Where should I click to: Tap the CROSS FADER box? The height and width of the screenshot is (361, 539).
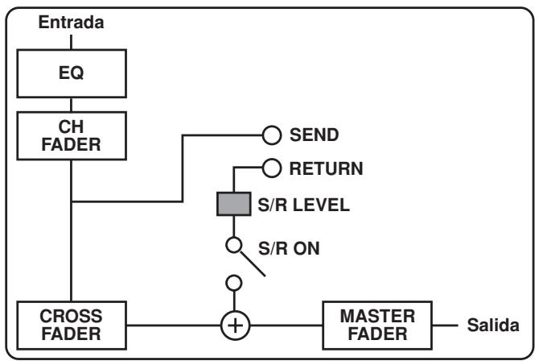coord(72,322)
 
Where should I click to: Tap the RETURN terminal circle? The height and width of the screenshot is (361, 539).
coord(270,168)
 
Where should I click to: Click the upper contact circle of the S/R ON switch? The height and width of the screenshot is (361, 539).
coord(233,243)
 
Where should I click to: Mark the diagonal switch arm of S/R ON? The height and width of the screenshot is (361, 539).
coord(251,263)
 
